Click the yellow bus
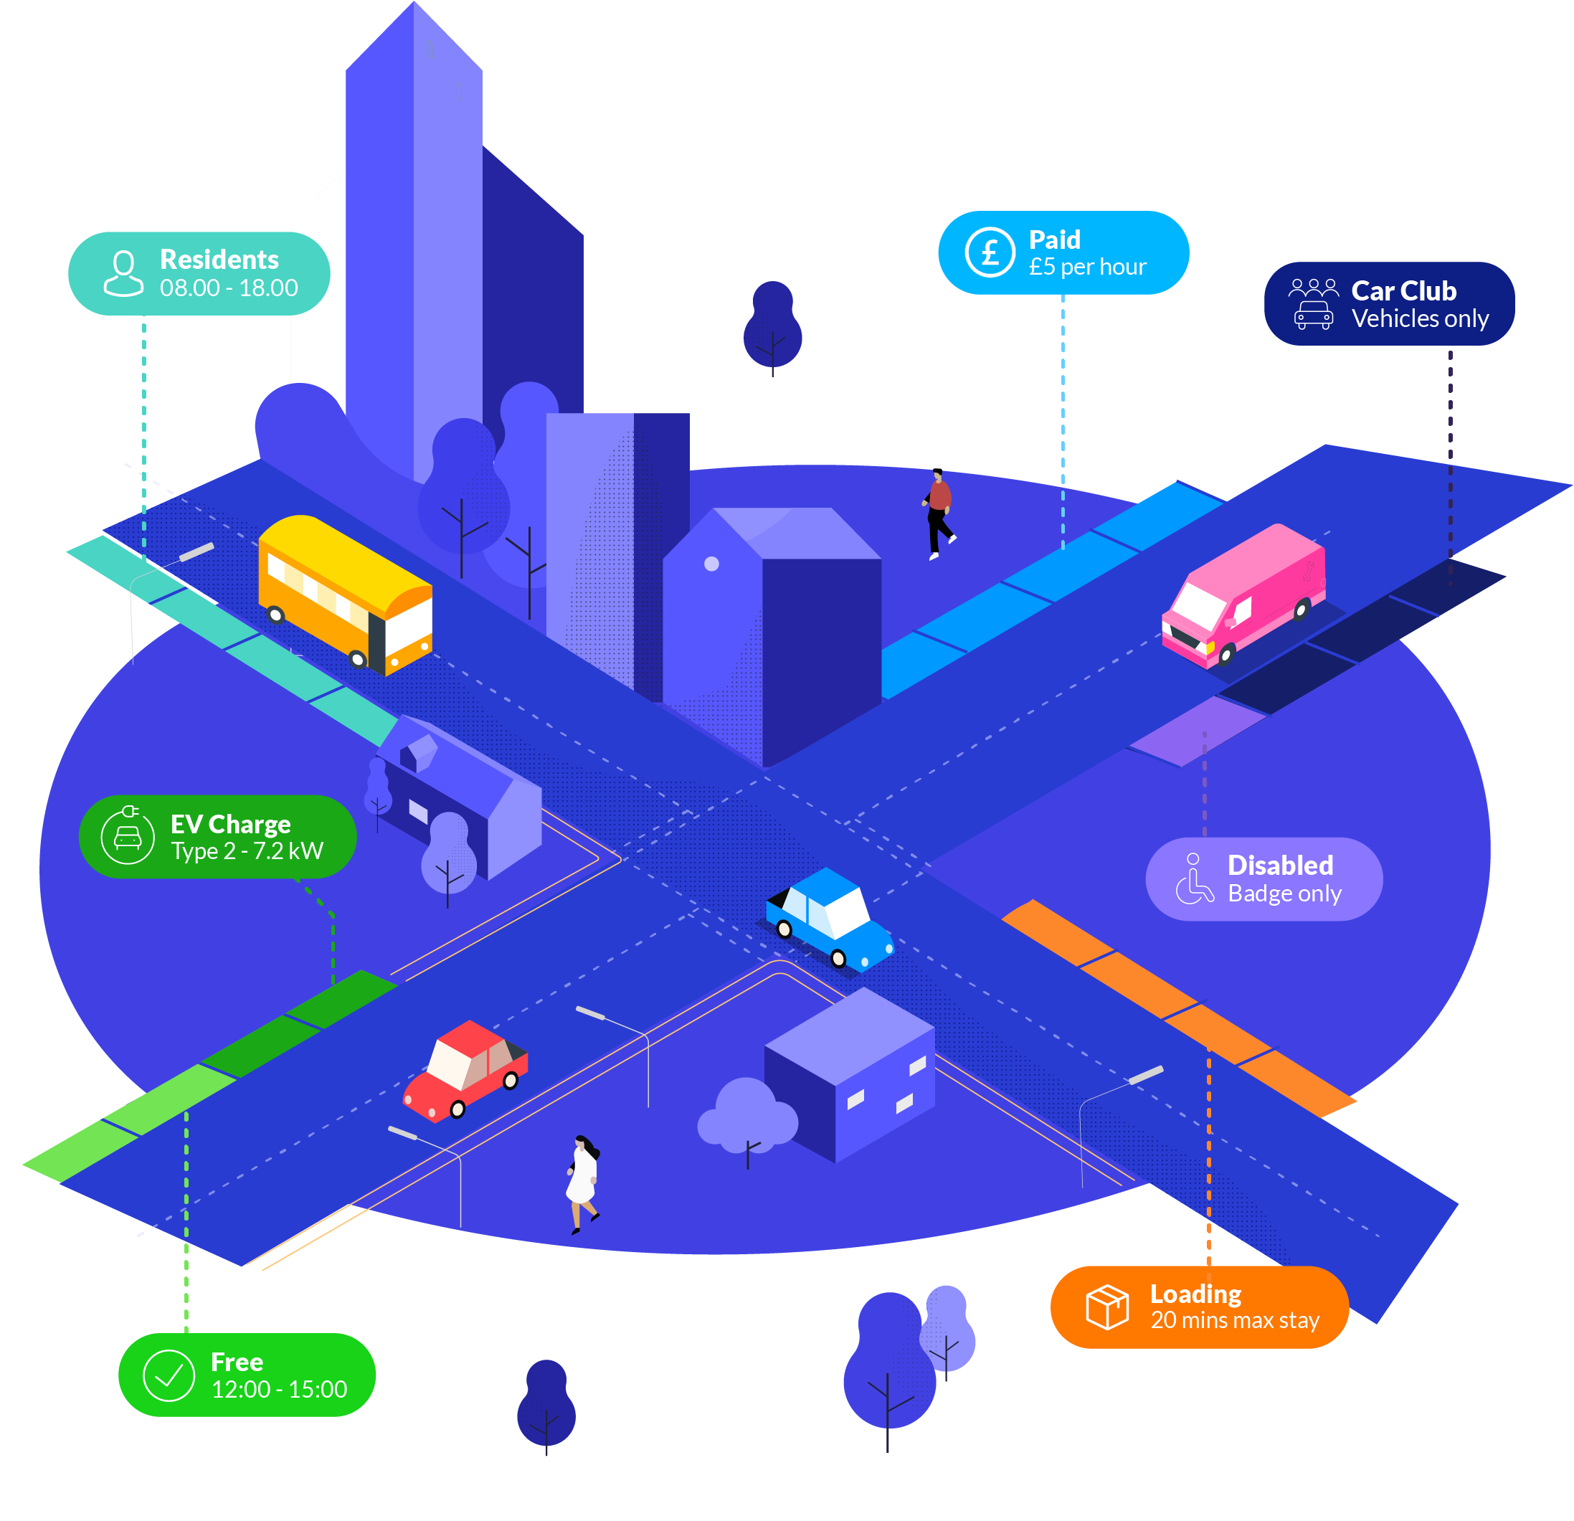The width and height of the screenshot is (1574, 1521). click(346, 594)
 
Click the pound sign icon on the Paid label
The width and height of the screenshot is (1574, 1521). click(990, 253)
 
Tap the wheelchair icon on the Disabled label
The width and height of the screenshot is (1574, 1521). click(1194, 878)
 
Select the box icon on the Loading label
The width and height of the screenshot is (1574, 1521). click(1106, 1307)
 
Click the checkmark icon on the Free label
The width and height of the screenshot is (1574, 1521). click(169, 1375)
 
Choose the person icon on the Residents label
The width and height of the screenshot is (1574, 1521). click(123, 273)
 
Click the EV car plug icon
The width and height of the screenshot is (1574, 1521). click(128, 836)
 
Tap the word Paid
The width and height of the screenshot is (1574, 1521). click(1054, 240)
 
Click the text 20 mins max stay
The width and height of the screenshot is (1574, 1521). click(1234, 1320)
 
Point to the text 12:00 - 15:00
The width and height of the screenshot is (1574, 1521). click(279, 1388)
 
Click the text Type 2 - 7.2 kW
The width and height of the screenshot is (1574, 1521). click(247, 850)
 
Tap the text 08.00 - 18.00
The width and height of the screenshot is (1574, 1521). click(229, 288)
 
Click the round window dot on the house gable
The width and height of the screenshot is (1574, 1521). click(711, 564)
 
